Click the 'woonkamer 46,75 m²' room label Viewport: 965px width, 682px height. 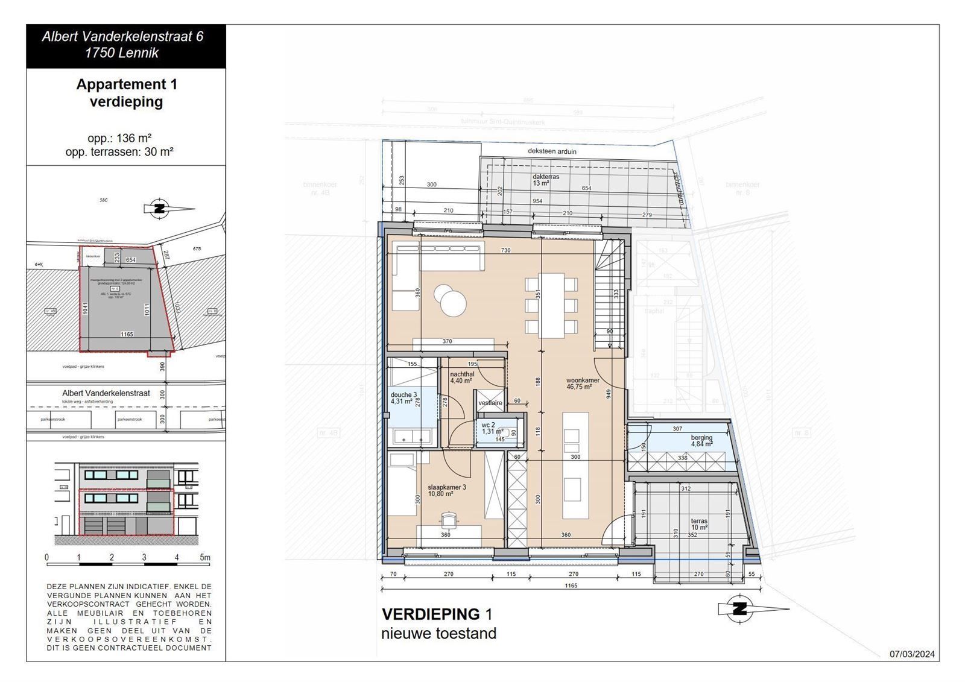(583, 384)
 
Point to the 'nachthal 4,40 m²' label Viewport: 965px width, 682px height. (461, 377)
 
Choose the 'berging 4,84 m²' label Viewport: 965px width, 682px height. (701, 440)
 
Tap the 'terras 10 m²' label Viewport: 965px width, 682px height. (699, 525)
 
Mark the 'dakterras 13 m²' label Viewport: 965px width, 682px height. (545, 180)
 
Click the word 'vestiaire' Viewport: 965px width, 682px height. (490, 403)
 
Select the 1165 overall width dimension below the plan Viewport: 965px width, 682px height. (571, 586)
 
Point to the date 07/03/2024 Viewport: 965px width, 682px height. (912, 654)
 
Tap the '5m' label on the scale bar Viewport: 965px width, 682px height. (205, 558)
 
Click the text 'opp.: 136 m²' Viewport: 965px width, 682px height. (119, 138)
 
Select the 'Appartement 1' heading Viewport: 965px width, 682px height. (127, 84)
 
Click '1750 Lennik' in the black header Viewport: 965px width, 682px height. (122, 53)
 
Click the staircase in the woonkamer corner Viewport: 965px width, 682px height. (609, 295)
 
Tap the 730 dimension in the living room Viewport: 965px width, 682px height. (505, 250)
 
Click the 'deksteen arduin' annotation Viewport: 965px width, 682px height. (551, 151)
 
